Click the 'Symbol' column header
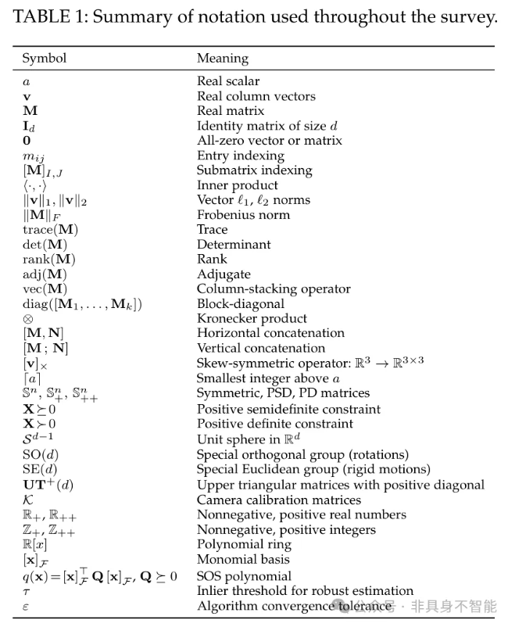click(x=44, y=59)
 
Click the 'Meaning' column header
click(x=222, y=59)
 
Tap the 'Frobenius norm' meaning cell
click(x=243, y=215)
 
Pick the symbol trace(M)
click(x=50, y=230)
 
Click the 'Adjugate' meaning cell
click(x=224, y=274)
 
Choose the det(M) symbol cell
click(x=45, y=245)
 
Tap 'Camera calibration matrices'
click(x=279, y=500)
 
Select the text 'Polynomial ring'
click(x=244, y=544)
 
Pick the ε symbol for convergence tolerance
click(x=25, y=606)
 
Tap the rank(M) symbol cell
click(x=48, y=260)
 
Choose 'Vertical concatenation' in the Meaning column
click(x=261, y=349)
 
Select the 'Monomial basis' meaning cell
click(x=243, y=559)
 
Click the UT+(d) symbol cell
click(x=47, y=485)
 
